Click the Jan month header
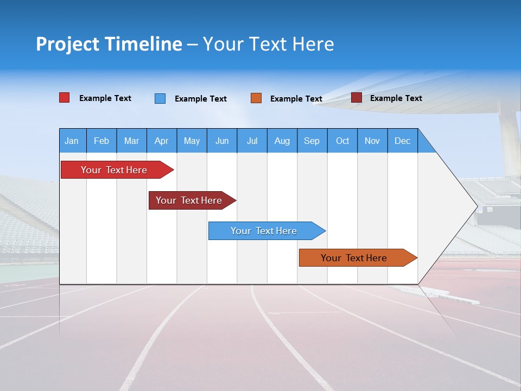click(72, 141)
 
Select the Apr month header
click(161, 141)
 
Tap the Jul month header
click(252, 141)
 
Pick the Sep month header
click(312, 141)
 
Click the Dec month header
click(402, 141)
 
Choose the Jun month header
click(221, 141)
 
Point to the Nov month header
click(372, 141)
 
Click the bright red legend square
click(64, 98)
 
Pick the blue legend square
click(160, 98)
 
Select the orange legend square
click(256, 98)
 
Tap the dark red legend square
click(356, 98)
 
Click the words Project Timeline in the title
click(109, 44)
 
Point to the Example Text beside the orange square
click(296, 99)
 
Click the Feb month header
click(101, 141)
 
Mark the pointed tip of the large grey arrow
click(476, 206)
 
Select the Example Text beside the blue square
click(200, 99)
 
